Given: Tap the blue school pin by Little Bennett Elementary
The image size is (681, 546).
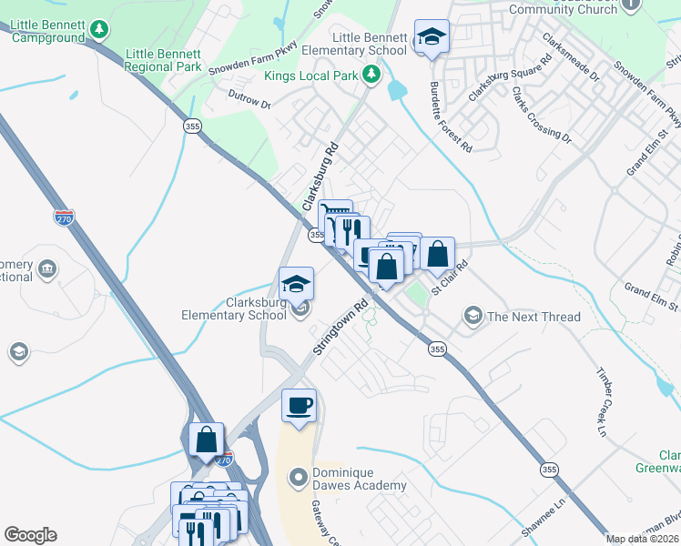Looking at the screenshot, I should pyautogui.click(x=432, y=37).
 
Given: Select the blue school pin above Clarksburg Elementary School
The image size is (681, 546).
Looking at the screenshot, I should pyautogui.click(x=296, y=284).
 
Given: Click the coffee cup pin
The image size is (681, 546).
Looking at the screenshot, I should pyautogui.click(x=299, y=406).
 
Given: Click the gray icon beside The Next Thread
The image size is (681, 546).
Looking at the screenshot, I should pyautogui.click(x=473, y=316).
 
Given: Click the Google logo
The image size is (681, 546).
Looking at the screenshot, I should pyautogui.click(x=30, y=535).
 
